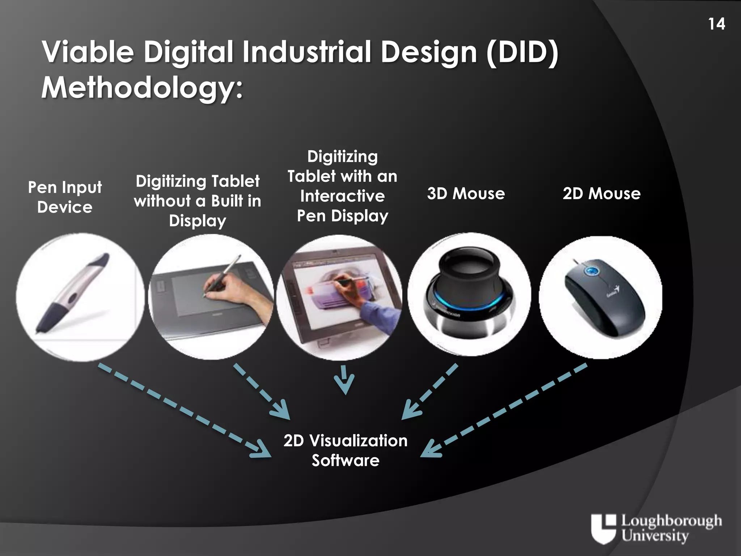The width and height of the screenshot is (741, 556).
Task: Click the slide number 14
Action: (x=716, y=24)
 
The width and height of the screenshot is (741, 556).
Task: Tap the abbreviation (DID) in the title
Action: (x=522, y=52)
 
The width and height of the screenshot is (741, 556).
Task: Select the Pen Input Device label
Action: (x=65, y=197)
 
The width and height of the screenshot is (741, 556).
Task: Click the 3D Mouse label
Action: (x=466, y=194)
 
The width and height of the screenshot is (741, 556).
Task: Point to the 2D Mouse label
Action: (x=601, y=194)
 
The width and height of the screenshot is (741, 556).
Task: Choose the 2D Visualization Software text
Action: (x=346, y=450)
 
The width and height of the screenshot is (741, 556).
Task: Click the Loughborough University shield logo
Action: (x=603, y=528)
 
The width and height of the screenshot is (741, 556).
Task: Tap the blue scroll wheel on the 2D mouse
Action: (x=591, y=270)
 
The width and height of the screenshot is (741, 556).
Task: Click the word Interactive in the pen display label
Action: (x=342, y=196)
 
